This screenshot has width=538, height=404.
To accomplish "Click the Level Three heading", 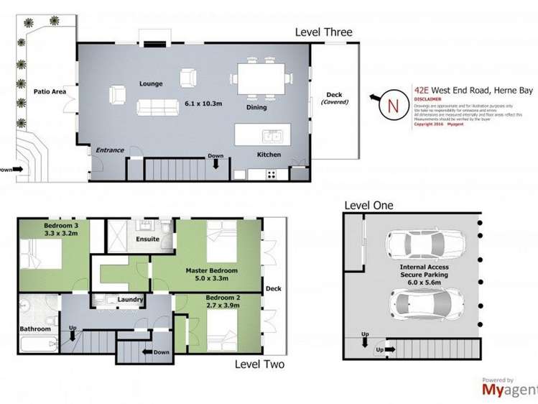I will (x=324, y=32).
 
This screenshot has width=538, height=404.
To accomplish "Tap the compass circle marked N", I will (x=392, y=105).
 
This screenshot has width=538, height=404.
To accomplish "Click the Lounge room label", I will (x=151, y=83).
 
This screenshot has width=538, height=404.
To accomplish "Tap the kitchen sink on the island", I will (x=271, y=135).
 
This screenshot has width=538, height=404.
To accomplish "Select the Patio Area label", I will (x=50, y=92).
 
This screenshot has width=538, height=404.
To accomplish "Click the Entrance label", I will (x=110, y=150).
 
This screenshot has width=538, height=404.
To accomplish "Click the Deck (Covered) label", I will (x=335, y=98).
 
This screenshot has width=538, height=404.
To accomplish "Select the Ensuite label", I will (x=147, y=239).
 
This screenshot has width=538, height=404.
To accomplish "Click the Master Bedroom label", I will (x=211, y=270).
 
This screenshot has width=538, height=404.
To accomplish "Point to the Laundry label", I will (x=131, y=300).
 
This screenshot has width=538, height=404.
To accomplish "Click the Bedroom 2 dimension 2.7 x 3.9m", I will (x=223, y=305).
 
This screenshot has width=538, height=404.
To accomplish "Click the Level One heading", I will (x=368, y=206).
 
